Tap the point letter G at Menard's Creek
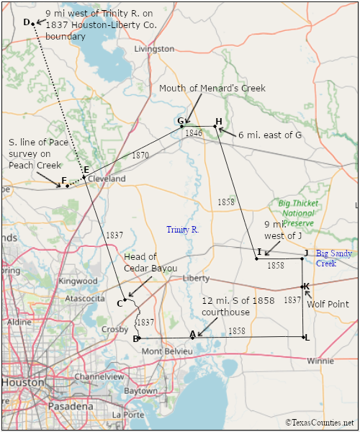[180, 120]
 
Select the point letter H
[218, 120]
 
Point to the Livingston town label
[155, 49]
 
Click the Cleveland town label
[107, 179]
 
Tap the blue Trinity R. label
[182, 230]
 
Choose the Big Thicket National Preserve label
[297, 214]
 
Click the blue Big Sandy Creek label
[334, 258]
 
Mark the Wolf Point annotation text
[328, 305]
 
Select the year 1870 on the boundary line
[140, 156]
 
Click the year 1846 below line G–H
[193, 133]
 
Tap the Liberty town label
[195, 278]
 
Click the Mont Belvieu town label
[167, 351]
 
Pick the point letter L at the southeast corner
[307, 338]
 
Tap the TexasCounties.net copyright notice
[320, 423]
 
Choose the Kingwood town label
[78, 281]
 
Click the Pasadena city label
[71, 406]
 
